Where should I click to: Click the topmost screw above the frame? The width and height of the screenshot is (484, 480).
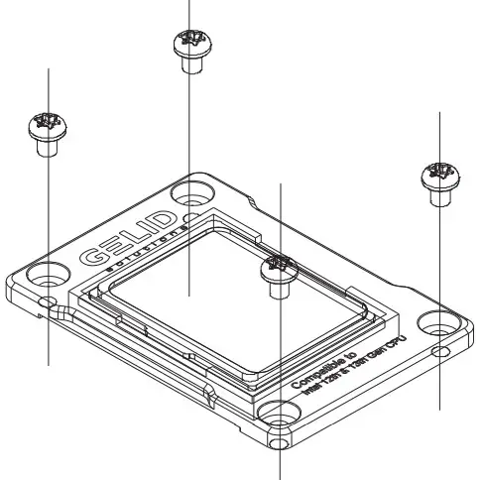click(x=189, y=42)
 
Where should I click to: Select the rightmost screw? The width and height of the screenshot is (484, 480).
click(x=437, y=174)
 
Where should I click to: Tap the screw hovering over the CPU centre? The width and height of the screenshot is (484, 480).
click(x=278, y=268)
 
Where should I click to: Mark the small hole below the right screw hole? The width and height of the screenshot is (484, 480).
click(x=437, y=351)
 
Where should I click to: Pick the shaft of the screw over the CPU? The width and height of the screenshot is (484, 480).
click(x=279, y=289)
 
